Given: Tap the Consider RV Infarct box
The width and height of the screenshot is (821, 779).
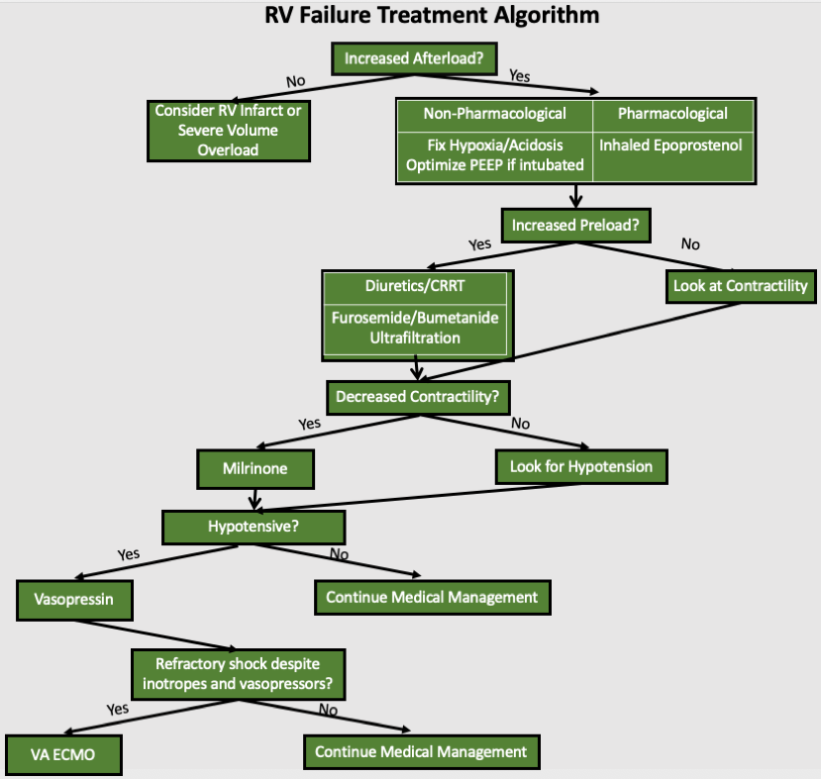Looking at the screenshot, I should click(x=228, y=131).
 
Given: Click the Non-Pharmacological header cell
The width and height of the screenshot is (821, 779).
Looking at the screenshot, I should click(x=494, y=114).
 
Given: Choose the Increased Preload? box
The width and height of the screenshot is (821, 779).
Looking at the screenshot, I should click(x=575, y=225).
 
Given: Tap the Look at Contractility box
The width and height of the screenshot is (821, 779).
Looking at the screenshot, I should click(x=740, y=286).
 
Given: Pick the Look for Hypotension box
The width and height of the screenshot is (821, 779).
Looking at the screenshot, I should click(x=580, y=465).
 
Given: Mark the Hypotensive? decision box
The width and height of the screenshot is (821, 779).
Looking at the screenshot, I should click(x=254, y=526).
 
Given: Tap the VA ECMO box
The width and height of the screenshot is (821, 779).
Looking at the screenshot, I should click(x=63, y=755).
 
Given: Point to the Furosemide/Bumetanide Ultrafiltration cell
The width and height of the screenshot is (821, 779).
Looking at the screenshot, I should click(x=415, y=328).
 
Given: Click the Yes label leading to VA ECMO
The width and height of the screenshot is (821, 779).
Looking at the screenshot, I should click(x=118, y=709).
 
